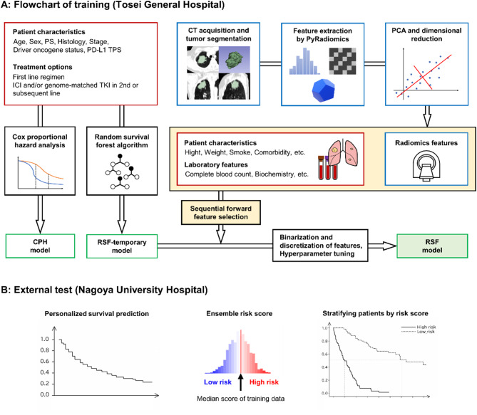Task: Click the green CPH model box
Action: coord(40,246)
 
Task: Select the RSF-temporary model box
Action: coord(122,246)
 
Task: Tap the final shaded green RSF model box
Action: coord(432,246)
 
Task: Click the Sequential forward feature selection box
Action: coord(221,212)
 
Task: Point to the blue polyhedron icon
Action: coord(323,90)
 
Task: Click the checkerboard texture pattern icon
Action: coord(342,61)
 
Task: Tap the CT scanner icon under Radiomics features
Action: coord(426,166)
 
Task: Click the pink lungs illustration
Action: coord(343,153)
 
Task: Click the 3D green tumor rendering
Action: coord(235,60)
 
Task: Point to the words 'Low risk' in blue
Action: coord(217,382)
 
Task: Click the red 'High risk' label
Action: coord(264,382)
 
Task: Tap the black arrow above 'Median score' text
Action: coord(240,382)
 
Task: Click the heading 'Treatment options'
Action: coord(43,67)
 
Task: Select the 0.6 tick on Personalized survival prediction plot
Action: coord(45,361)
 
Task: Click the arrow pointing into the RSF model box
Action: coord(382,246)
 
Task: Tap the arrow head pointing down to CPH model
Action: coord(40,226)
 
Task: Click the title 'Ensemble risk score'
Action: coord(240,313)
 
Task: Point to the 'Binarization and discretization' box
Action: coord(320,246)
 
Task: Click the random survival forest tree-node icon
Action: coord(122,172)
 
